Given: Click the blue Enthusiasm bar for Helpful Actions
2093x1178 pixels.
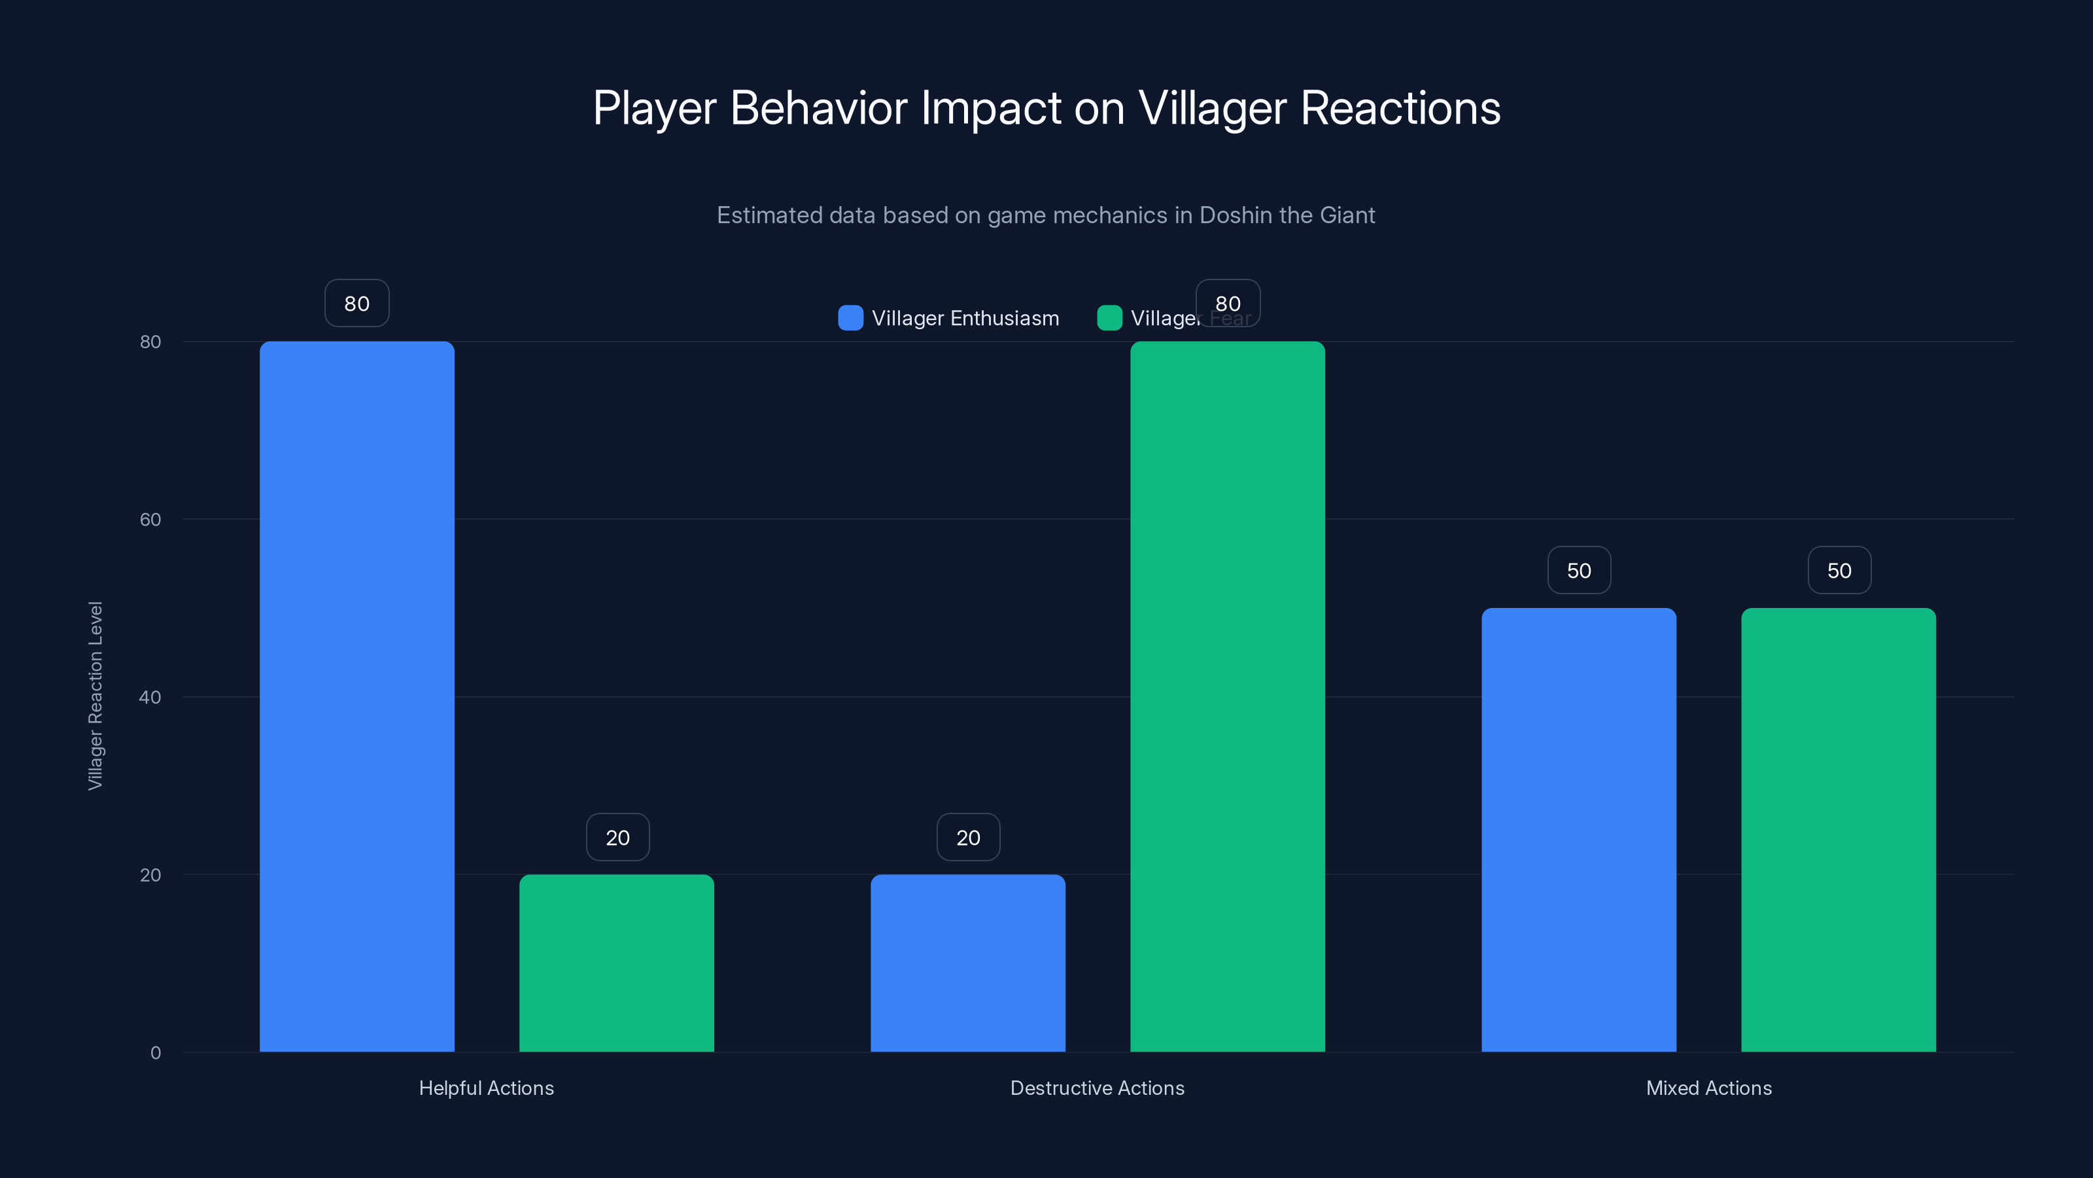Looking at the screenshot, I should coord(356,696).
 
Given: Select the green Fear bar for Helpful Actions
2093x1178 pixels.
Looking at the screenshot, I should coord(617,963).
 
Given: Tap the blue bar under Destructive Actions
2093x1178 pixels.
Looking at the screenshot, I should coord(968,963).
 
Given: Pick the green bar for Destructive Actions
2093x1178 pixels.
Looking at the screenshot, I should coord(1227,696).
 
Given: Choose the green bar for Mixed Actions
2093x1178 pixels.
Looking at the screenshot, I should coord(1838,829).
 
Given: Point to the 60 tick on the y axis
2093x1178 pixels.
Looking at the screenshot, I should coord(150,520).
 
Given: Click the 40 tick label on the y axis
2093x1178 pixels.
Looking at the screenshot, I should coord(150,697).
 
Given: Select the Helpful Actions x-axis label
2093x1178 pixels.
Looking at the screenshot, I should coord(486,1088).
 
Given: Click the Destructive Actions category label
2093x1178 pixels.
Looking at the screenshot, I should coord(1097,1088).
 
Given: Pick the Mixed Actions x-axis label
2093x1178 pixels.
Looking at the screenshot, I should coord(1708,1088).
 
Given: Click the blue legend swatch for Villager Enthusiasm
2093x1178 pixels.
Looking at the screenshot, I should coord(850,318).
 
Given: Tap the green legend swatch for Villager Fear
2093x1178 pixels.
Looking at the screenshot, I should coord(1109,318).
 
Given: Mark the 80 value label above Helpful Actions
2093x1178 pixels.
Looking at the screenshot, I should coord(356,303).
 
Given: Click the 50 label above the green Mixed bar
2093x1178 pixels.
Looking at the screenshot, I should coord(1839,570).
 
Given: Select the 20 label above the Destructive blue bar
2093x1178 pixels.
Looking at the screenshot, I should coord(968,838).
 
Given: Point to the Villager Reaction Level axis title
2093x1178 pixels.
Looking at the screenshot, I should coord(95,696).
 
